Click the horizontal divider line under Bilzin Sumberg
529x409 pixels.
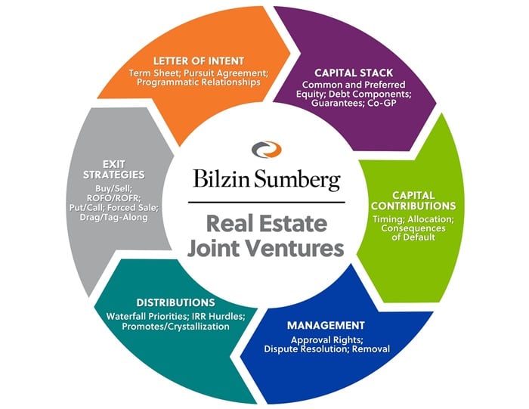[x=264, y=203]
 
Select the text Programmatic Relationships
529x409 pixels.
[x=198, y=82]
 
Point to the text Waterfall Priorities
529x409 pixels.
[x=140, y=316]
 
